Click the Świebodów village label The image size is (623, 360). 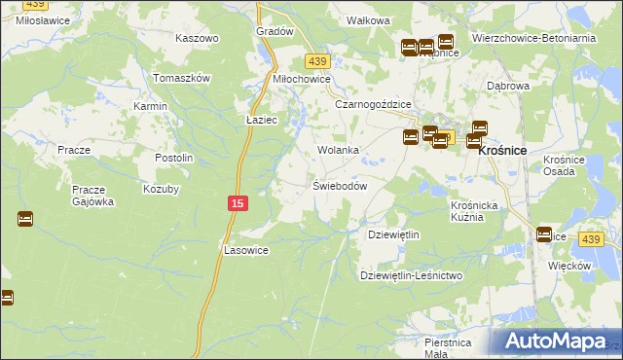click(x=339, y=186)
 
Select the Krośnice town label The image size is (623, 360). click(x=502, y=151)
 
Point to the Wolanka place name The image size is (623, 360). click(x=339, y=151)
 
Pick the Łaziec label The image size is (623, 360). click(x=263, y=121)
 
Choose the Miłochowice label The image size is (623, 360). click(x=302, y=79)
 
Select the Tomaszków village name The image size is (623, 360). click(x=182, y=78)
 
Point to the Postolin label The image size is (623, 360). click(x=175, y=158)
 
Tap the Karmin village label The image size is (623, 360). click(x=151, y=105)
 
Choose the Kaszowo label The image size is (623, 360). click(x=197, y=38)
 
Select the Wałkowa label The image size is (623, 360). click(x=369, y=19)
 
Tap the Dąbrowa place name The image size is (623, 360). click(x=507, y=86)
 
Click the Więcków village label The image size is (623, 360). click(x=570, y=265)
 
